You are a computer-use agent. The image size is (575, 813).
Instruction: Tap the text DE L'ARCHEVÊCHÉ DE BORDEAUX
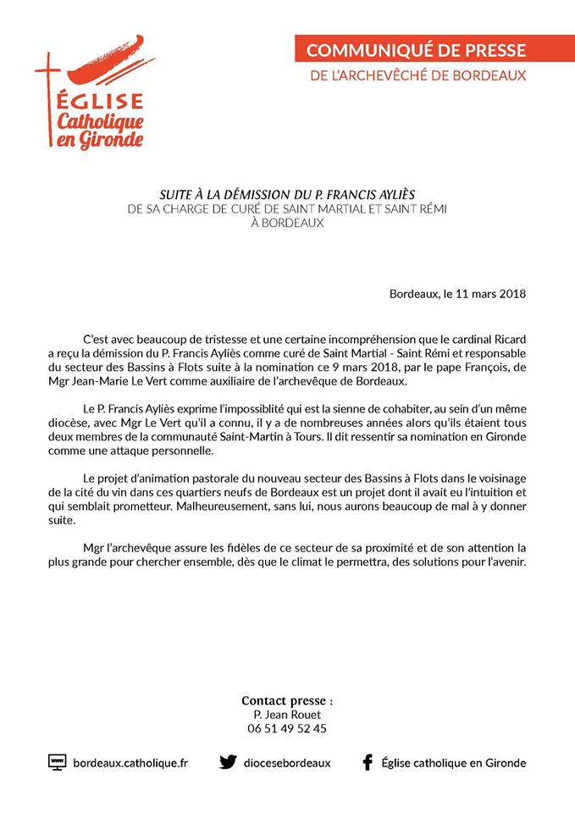coord(418,75)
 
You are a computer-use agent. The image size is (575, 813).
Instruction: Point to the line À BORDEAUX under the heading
coord(288,223)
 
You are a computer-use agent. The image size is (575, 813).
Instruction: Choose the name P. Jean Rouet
coord(287,714)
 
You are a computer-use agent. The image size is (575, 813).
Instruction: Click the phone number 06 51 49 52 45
coord(287,728)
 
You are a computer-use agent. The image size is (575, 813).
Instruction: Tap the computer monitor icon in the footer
coord(57,762)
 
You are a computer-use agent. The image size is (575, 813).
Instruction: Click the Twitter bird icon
coord(228,762)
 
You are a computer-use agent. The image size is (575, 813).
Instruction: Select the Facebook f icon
coord(368,762)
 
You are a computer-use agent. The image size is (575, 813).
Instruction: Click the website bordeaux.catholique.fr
coord(130,763)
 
